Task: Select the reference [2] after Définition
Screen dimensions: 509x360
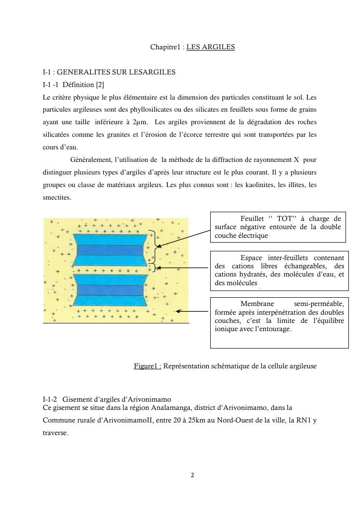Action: (x=96, y=85)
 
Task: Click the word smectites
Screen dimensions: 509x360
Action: (x=57, y=197)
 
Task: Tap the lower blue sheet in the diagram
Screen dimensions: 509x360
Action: (x=108, y=290)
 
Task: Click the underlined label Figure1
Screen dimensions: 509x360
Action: (x=147, y=366)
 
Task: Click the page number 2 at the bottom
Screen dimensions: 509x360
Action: (x=192, y=475)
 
